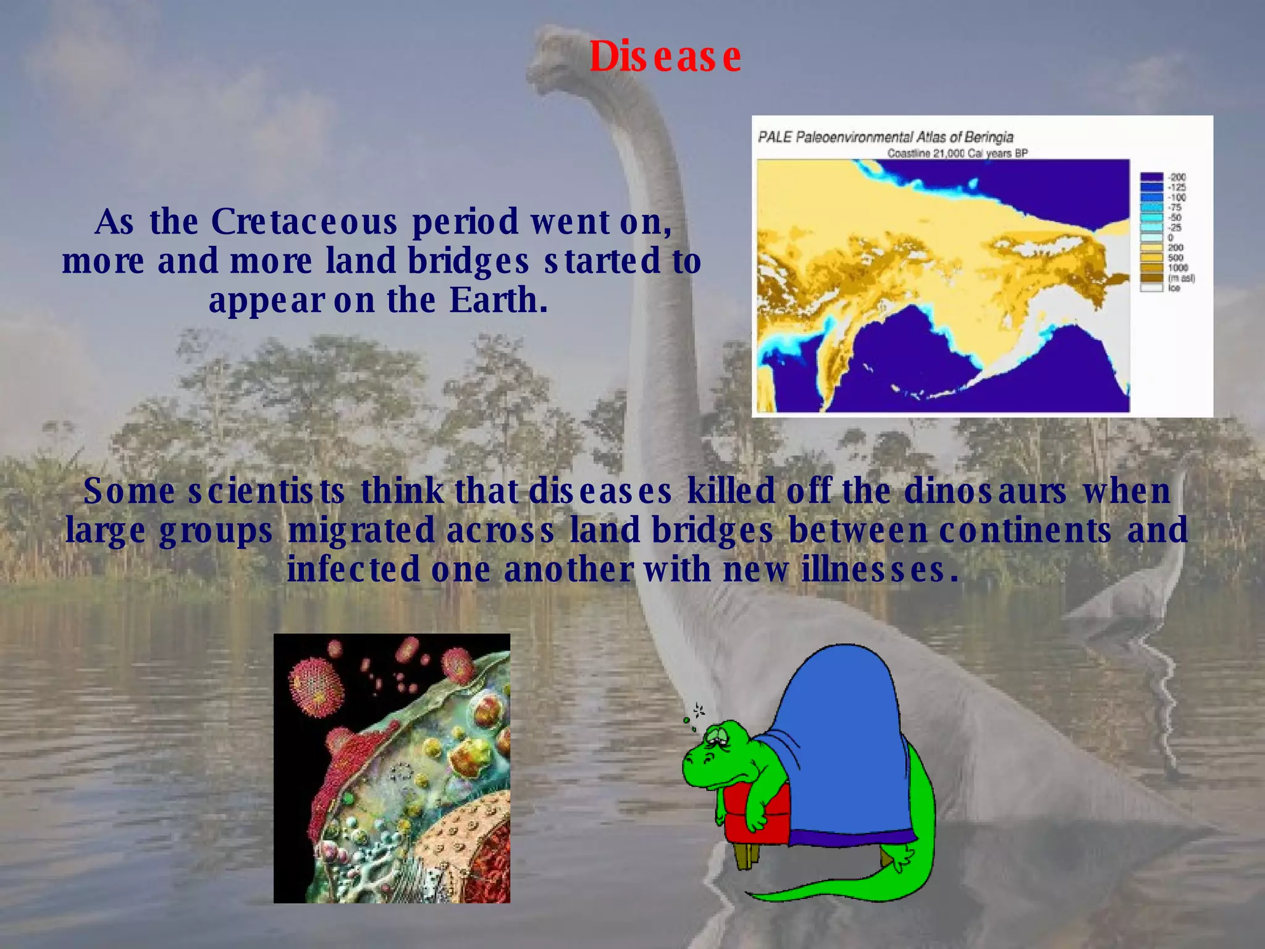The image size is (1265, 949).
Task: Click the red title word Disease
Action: coord(665,57)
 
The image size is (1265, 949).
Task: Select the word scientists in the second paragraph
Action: coord(266,492)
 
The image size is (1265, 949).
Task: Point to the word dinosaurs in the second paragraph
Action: coord(985,492)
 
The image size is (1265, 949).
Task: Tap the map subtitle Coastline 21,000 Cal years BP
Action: coord(957,153)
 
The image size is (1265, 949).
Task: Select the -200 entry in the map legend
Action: coord(1176,177)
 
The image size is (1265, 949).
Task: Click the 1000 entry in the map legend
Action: coord(1177,268)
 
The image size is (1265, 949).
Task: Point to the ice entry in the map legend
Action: coord(1174,288)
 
